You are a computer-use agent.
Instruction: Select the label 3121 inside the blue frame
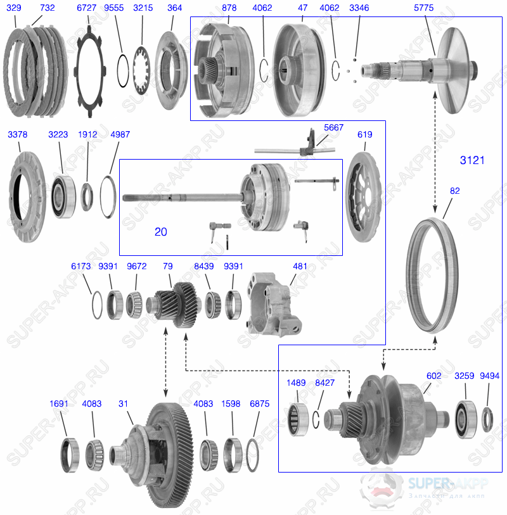pos(472,161)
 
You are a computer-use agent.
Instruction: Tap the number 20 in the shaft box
pos(161,232)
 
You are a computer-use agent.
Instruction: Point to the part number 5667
pos(333,127)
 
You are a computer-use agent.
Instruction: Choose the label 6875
pos(260,404)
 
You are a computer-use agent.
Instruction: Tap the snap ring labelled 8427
pos(319,417)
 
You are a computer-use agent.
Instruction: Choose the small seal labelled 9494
pos(487,419)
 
